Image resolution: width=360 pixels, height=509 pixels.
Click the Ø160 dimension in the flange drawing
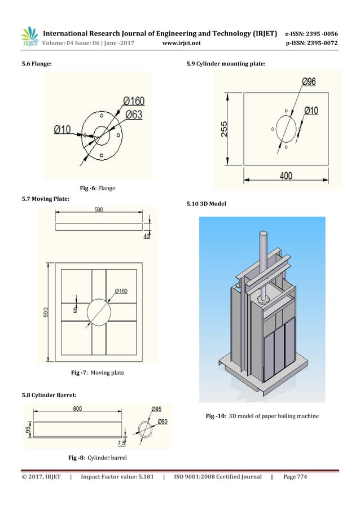point(133,102)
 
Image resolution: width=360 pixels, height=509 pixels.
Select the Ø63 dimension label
point(133,115)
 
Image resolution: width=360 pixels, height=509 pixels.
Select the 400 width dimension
point(286,175)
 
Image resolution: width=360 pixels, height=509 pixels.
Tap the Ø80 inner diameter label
point(163,422)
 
